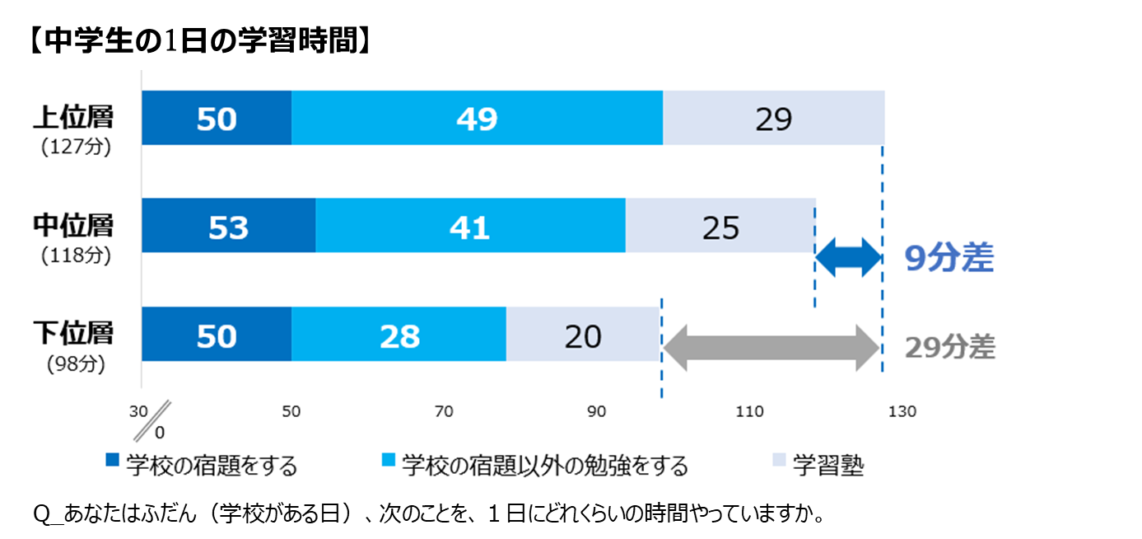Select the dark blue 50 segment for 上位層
(x=217, y=118)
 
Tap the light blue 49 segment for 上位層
(x=477, y=118)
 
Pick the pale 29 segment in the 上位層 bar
(x=773, y=118)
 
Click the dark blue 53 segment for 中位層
(x=228, y=226)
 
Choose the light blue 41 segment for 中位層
(x=470, y=226)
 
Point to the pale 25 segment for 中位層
(x=720, y=226)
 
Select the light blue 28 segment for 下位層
(x=399, y=335)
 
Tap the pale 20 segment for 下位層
(x=582, y=335)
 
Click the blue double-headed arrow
(x=848, y=259)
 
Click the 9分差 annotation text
(x=949, y=259)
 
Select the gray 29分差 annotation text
(x=949, y=348)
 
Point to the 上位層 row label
(x=73, y=116)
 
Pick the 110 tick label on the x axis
(x=749, y=411)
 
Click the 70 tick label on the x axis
(x=444, y=411)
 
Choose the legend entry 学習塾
(x=827, y=466)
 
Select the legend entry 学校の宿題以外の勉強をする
(x=543, y=466)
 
